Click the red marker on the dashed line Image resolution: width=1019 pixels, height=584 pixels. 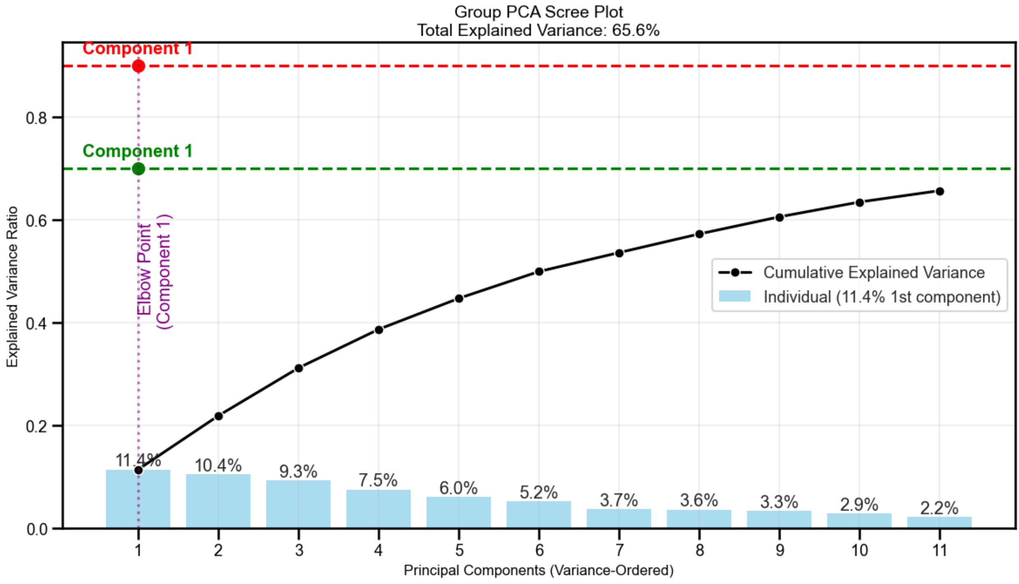138,66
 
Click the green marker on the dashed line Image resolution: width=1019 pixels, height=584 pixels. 138,169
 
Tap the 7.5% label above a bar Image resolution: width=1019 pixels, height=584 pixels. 378,480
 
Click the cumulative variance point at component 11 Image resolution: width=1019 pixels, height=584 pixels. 939,192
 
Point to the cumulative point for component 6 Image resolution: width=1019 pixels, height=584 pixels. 539,272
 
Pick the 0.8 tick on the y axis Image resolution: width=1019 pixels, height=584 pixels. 37,118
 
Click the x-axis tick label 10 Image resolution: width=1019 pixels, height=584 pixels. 859,550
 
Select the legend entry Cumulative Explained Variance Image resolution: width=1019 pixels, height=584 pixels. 874,273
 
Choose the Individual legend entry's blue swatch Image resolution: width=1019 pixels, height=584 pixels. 734,296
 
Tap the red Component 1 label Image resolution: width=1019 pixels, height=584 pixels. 138,48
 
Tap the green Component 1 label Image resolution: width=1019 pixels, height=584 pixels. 138,151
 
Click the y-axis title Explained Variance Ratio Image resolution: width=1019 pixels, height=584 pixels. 12,286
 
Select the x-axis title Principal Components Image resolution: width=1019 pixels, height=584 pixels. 538,571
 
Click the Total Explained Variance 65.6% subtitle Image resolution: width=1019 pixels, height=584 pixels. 538,30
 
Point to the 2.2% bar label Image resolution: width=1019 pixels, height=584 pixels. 939,508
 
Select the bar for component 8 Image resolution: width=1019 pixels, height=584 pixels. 699,519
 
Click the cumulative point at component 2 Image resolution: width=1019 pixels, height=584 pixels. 219,416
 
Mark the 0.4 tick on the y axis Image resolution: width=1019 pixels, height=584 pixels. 37,323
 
